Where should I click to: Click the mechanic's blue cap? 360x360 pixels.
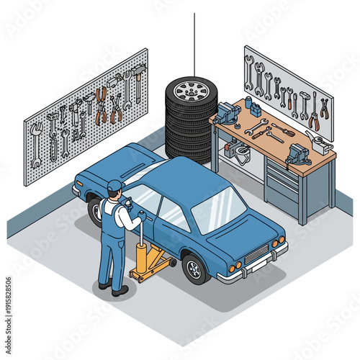click(114, 185)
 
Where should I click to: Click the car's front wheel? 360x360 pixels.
click(194, 268)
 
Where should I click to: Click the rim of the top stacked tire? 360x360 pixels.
click(191, 90)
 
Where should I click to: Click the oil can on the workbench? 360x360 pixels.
click(315, 140)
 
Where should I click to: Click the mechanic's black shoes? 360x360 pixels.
click(114, 289)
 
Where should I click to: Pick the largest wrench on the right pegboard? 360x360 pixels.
click(249, 72)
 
